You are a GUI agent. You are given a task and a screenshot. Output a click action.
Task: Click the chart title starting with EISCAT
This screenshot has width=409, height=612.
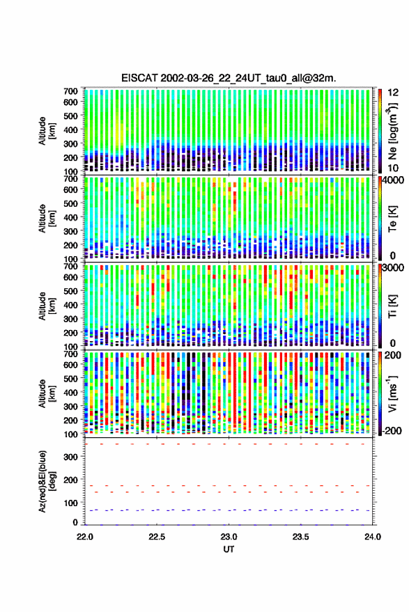[x=229, y=78]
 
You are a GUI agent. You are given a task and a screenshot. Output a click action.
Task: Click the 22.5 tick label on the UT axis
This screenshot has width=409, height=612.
[x=157, y=537]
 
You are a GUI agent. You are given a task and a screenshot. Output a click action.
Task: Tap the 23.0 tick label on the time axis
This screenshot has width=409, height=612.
[x=229, y=537]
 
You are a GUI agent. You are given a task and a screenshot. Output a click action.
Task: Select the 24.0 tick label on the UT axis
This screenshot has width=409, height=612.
[x=372, y=537]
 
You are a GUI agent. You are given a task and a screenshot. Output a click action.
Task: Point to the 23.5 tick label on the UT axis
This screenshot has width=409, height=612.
[x=300, y=537]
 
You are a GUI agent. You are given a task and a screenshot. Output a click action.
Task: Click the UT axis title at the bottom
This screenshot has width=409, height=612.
[x=229, y=549]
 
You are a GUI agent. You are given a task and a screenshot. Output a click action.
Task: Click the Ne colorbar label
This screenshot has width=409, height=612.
[x=392, y=131]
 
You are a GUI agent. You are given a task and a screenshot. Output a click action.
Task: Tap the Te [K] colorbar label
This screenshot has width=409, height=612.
[x=392, y=219]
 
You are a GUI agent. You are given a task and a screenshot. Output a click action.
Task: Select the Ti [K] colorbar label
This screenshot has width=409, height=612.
[x=392, y=306]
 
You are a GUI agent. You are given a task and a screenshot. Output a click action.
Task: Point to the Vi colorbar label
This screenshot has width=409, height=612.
[x=392, y=393]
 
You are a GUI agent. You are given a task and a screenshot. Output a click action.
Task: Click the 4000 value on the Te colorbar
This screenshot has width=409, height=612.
[x=394, y=181]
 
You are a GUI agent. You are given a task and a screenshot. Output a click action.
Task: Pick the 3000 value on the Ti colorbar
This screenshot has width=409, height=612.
[x=394, y=268]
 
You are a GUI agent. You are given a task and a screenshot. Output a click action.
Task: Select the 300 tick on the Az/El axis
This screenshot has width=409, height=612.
[x=70, y=457]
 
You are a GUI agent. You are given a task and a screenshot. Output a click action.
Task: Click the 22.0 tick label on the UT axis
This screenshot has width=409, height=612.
[x=85, y=537]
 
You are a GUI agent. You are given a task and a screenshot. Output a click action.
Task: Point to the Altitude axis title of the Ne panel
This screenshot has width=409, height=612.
[x=47, y=131]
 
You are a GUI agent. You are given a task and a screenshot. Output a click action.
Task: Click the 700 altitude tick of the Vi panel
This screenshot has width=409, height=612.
[x=70, y=354]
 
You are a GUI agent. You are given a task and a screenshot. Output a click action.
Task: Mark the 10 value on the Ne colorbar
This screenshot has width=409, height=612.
[x=393, y=168]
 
